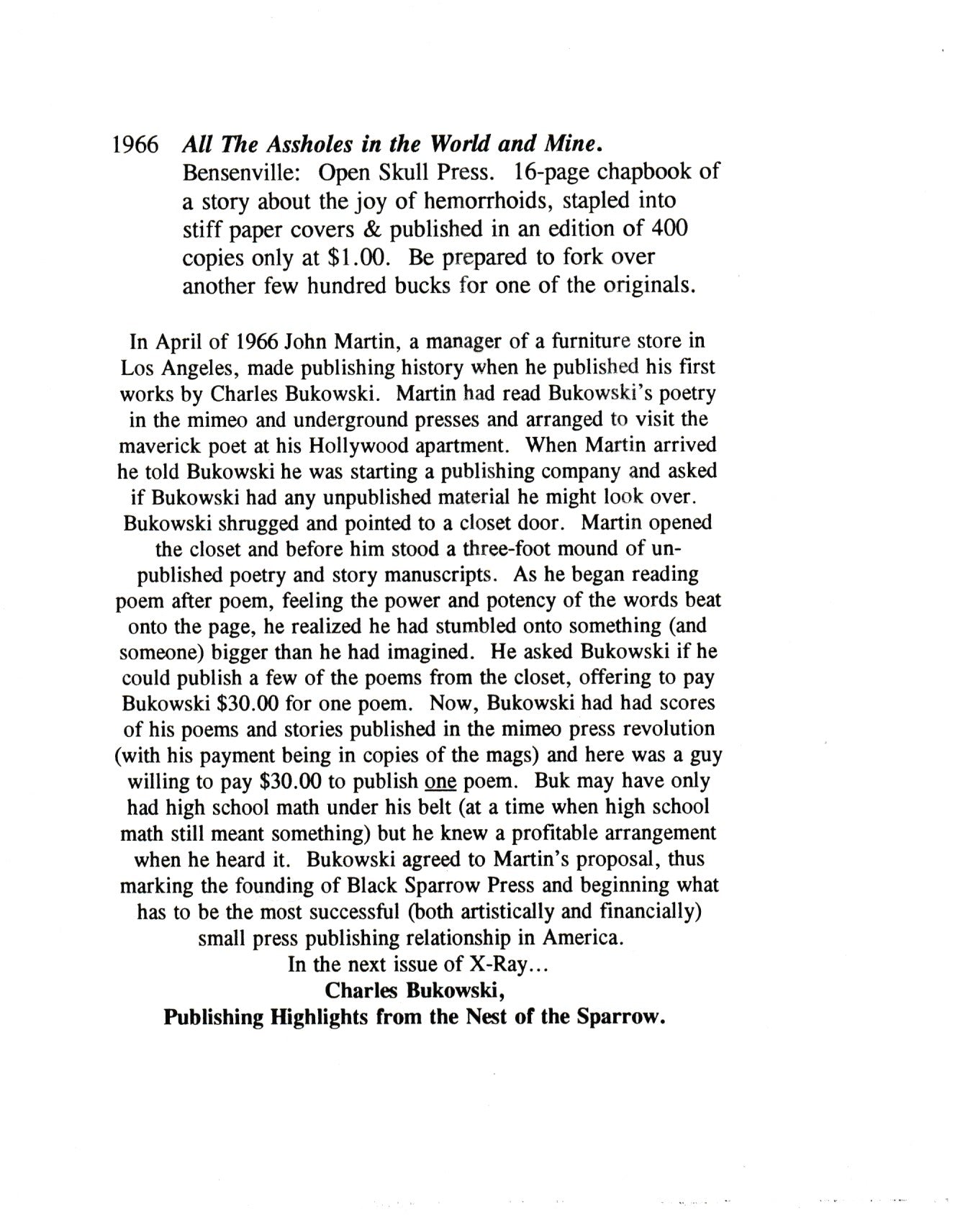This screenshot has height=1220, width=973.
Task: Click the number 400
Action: [668, 229]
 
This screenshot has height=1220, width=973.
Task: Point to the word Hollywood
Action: [350, 446]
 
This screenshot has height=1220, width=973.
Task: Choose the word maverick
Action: [154, 446]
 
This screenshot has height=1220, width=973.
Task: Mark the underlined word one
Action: [441, 782]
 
